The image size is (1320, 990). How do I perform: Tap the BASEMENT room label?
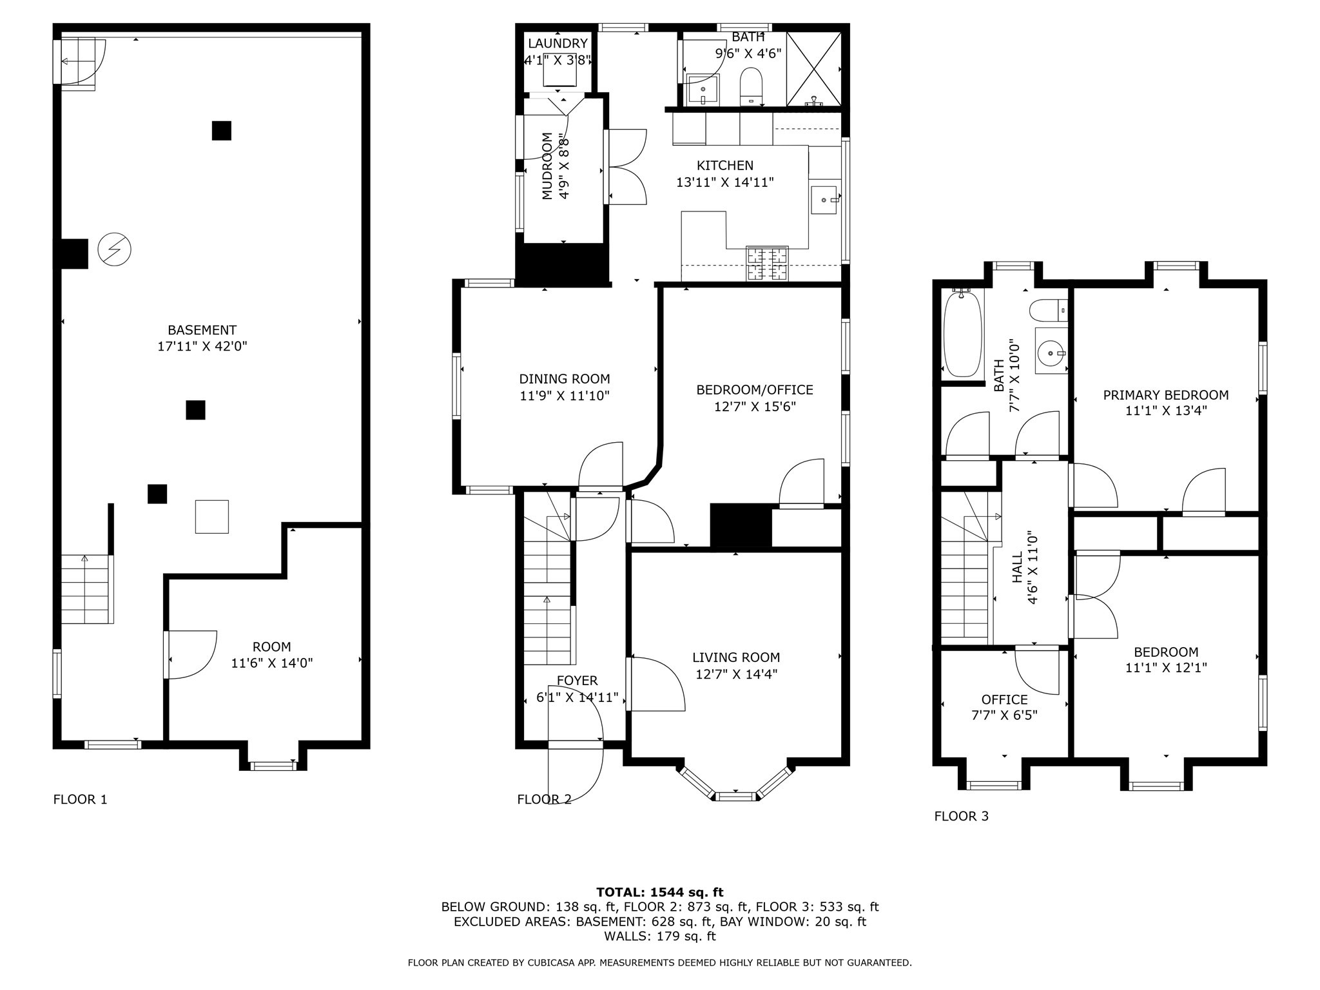202,330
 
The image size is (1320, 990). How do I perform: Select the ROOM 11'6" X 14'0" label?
271,646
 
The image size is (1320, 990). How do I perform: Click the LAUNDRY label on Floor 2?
558,43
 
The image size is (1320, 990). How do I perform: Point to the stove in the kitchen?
767,264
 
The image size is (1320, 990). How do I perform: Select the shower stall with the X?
814,68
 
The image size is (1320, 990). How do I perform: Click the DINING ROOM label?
564,379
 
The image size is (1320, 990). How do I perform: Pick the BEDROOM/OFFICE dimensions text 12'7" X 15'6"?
755,407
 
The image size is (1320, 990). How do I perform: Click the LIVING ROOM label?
736,657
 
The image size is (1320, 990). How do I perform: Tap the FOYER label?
577,681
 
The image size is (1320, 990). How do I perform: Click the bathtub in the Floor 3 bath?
962,333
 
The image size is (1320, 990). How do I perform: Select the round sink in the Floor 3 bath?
1051,352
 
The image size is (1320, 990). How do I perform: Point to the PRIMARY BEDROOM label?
1165,395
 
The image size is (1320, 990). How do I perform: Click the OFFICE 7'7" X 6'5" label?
1004,700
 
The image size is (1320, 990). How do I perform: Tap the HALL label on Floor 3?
1018,567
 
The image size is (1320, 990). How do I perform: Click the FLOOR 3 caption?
961,816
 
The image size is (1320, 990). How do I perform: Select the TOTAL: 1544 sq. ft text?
659,892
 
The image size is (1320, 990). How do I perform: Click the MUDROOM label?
547,166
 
